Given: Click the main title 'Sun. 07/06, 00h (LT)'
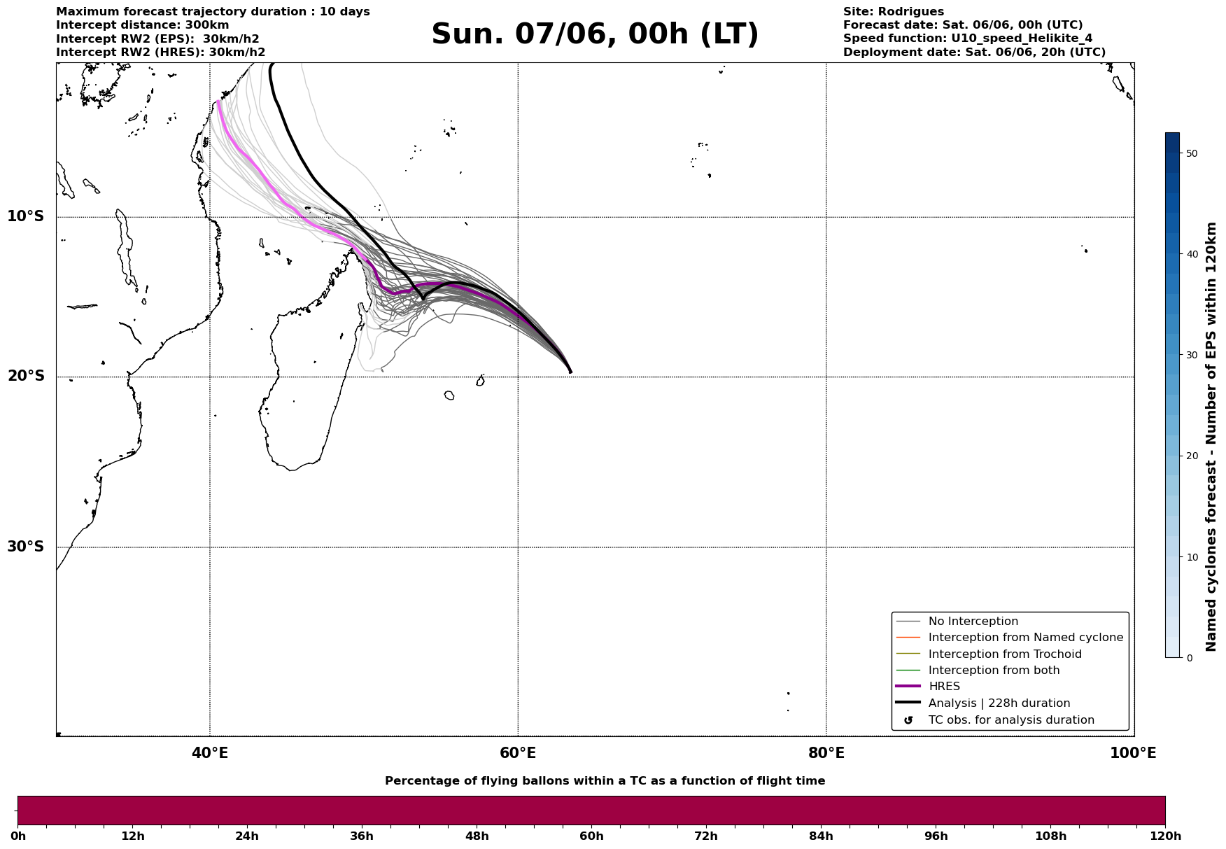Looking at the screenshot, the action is [x=595, y=34].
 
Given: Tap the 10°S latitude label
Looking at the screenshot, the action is [x=26, y=216].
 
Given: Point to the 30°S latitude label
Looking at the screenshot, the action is [x=26, y=547].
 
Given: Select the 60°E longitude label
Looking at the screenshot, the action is [x=518, y=753].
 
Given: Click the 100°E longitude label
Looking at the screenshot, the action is [x=1133, y=753].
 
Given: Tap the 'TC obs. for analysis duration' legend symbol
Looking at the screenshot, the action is [x=908, y=720].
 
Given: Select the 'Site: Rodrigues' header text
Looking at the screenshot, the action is [x=894, y=12].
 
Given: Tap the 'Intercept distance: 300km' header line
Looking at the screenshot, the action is [x=143, y=25].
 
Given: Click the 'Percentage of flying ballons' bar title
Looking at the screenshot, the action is [x=605, y=781].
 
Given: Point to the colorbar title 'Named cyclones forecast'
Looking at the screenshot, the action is [x=1211, y=437].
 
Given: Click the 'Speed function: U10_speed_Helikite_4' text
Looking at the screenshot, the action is [x=968, y=38].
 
